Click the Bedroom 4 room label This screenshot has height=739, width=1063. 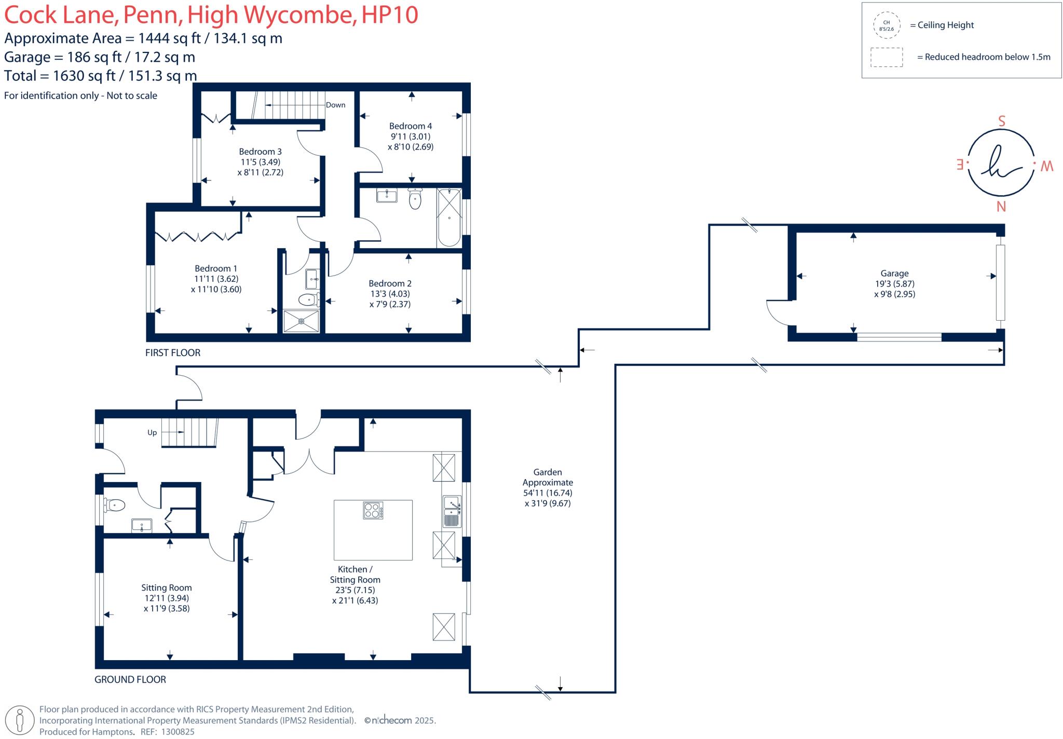click(410, 126)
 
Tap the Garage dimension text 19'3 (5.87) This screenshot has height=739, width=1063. click(894, 284)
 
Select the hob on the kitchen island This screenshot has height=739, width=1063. click(373, 510)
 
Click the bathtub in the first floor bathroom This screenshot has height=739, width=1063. click(449, 217)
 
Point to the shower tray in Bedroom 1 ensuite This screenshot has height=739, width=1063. click(301, 321)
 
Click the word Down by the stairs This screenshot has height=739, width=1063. click(335, 105)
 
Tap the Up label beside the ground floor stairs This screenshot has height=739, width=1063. click(152, 432)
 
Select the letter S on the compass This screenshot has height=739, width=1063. click(1002, 121)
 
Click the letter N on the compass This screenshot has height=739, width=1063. click(1001, 207)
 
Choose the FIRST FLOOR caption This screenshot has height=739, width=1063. click(172, 353)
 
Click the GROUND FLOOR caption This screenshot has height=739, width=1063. click(130, 679)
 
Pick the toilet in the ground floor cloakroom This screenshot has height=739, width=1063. click(115, 504)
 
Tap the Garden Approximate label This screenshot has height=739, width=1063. click(548, 477)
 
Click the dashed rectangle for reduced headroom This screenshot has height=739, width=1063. click(887, 57)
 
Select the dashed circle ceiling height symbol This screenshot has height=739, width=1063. click(886, 25)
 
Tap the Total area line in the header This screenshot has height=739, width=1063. click(100, 76)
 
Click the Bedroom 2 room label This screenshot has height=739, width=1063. click(390, 283)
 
